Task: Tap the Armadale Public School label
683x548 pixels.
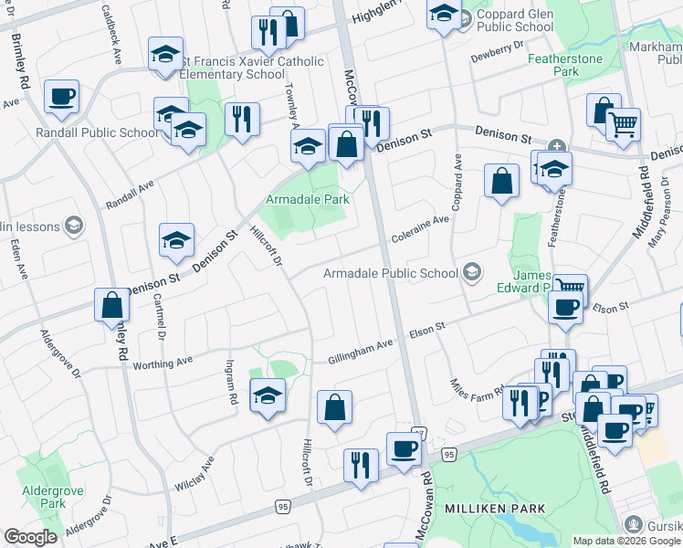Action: point(393,273)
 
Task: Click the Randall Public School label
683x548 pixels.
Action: point(97,132)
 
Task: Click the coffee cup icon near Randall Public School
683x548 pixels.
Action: point(61,96)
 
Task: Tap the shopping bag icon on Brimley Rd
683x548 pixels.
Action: point(111,304)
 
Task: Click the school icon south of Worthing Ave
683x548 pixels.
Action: point(267,395)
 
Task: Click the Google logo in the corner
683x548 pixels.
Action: point(30,537)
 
